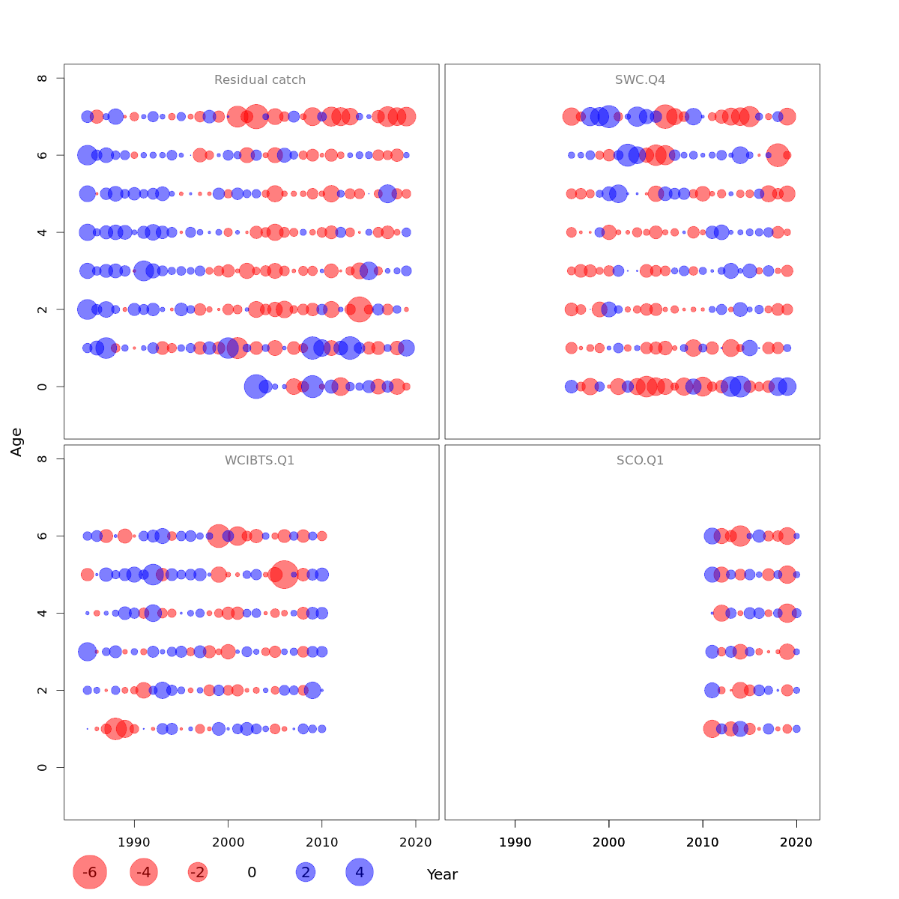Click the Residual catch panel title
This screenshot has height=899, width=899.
[260, 80]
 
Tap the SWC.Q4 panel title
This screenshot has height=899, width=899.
[640, 80]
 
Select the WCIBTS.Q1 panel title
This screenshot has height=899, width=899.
[259, 461]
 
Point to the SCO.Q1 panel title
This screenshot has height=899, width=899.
[640, 461]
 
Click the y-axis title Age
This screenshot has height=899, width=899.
[16, 441]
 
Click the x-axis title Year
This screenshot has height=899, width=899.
[442, 874]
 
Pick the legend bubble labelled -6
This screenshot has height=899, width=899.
[90, 872]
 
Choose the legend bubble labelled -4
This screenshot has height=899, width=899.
[144, 872]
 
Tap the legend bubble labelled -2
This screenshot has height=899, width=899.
[198, 872]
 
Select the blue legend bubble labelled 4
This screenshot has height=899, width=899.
[360, 872]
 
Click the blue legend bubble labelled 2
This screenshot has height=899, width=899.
[305, 872]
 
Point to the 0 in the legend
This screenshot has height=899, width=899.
[252, 872]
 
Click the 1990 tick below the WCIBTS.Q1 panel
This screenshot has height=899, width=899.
[134, 842]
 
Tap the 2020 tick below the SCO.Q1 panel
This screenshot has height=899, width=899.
[796, 842]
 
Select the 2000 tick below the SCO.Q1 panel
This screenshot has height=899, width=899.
[609, 842]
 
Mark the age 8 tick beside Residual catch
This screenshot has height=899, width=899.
[43, 78]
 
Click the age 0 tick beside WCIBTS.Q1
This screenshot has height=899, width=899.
[43, 767]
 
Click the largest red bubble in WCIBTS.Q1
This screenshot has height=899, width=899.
[284, 575]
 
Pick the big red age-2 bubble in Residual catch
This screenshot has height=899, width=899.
[359, 309]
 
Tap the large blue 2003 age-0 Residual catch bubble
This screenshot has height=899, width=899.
[256, 387]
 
